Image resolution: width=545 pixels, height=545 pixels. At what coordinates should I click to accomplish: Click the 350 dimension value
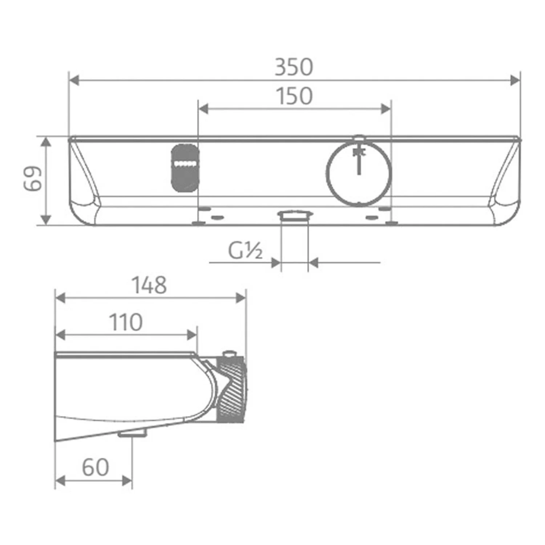pyautogui.click(x=294, y=67)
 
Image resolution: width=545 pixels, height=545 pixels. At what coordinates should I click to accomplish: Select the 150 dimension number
pyautogui.click(x=294, y=96)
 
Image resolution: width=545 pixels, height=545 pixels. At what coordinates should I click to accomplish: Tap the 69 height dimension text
pyautogui.click(x=33, y=179)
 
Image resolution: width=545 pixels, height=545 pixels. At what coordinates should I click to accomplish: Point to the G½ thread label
pyautogui.click(x=245, y=250)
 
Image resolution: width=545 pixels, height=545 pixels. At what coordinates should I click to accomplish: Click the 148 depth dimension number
pyautogui.click(x=149, y=285)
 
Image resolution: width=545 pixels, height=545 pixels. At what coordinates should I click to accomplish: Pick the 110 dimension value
pyautogui.click(x=126, y=322)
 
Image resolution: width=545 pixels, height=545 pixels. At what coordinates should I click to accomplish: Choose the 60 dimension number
pyautogui.click(x=95, y=467)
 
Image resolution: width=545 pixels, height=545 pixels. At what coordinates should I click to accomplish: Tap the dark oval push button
pyautogui.click(x=185, y=168)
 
